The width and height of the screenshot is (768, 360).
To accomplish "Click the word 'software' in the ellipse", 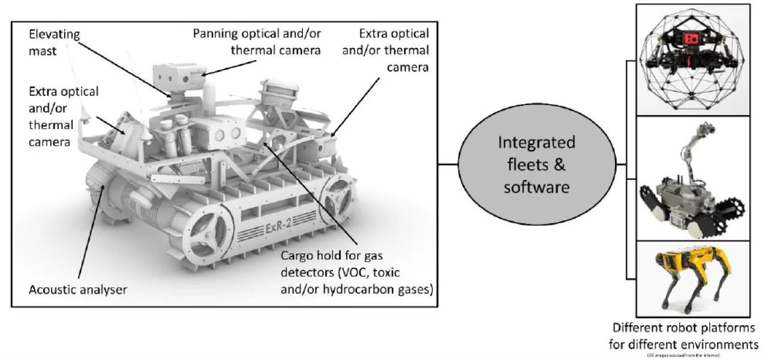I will coord(536,187).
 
